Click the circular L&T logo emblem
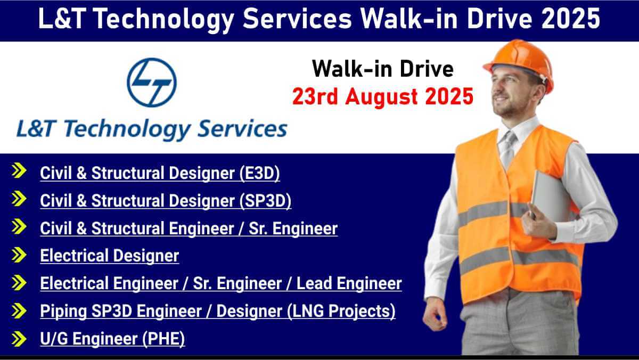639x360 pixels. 151,83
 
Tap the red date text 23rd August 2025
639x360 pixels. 383,97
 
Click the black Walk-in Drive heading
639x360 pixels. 383,69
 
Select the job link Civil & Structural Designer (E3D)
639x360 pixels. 160,173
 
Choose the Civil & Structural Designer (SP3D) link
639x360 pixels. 166,201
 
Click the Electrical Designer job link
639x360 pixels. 110,256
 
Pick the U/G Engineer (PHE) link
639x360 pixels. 112,339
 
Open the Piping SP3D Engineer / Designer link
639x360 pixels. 218,311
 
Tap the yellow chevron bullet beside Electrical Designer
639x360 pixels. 19,255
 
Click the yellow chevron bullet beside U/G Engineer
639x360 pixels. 19,339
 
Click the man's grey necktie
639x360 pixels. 509,149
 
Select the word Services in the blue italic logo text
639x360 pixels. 242,129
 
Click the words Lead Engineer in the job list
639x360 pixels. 349,283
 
